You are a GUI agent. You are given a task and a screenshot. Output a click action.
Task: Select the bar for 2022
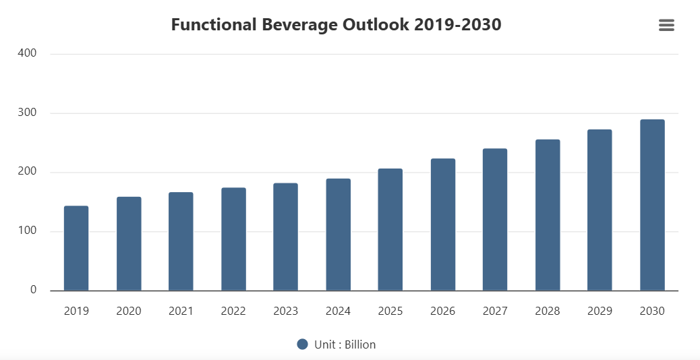click(x=233, y=239)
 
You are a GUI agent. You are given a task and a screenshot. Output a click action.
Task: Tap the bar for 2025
click(x=390, y=230)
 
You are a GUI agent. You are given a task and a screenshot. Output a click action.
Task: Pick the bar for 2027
click(x=495, y=220)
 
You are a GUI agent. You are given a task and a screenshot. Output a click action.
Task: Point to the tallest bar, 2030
click(x=652, y=205)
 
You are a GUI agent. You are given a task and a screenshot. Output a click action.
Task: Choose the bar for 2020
click(x=129, y=243)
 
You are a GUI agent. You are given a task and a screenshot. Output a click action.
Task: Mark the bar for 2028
click(x=548, y=215)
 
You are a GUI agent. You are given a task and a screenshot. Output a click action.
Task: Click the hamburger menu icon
click(x=666, y=25)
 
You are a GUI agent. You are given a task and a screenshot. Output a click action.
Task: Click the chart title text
click(x=336, y=25)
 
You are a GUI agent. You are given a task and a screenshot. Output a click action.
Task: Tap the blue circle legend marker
click(x=303, y=344)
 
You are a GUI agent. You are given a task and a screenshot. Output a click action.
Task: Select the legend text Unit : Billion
click(x=345, y=344)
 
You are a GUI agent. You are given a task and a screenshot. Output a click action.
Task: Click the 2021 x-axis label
click(x=181, y=311)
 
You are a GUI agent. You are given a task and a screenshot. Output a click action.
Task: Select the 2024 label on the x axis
click(x=338, y=311)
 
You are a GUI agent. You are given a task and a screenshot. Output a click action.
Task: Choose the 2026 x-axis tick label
click(x=442, y=311)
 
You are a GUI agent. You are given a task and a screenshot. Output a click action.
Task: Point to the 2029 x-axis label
click(x=600, y=311)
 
